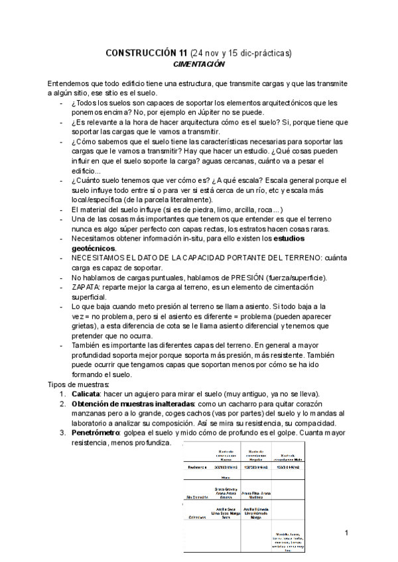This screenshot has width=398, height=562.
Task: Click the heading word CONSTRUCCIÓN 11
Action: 147,53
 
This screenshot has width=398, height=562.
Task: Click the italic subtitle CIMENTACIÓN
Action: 199,64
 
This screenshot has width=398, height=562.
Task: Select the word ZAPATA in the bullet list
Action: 85,288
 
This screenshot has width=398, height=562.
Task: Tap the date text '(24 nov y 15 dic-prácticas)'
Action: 241,53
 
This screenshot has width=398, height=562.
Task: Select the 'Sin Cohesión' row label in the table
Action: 198,494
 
